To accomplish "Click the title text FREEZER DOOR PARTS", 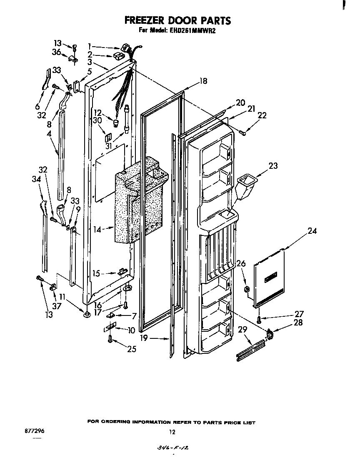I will [x=178, y=20].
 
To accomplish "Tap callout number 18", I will [x=203, y=81].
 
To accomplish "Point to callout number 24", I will [x=312, y=231].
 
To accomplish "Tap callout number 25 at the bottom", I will [x=132, y=349].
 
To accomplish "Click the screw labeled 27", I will [x=259, y=320].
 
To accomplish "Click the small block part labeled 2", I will [x=117, y=55].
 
